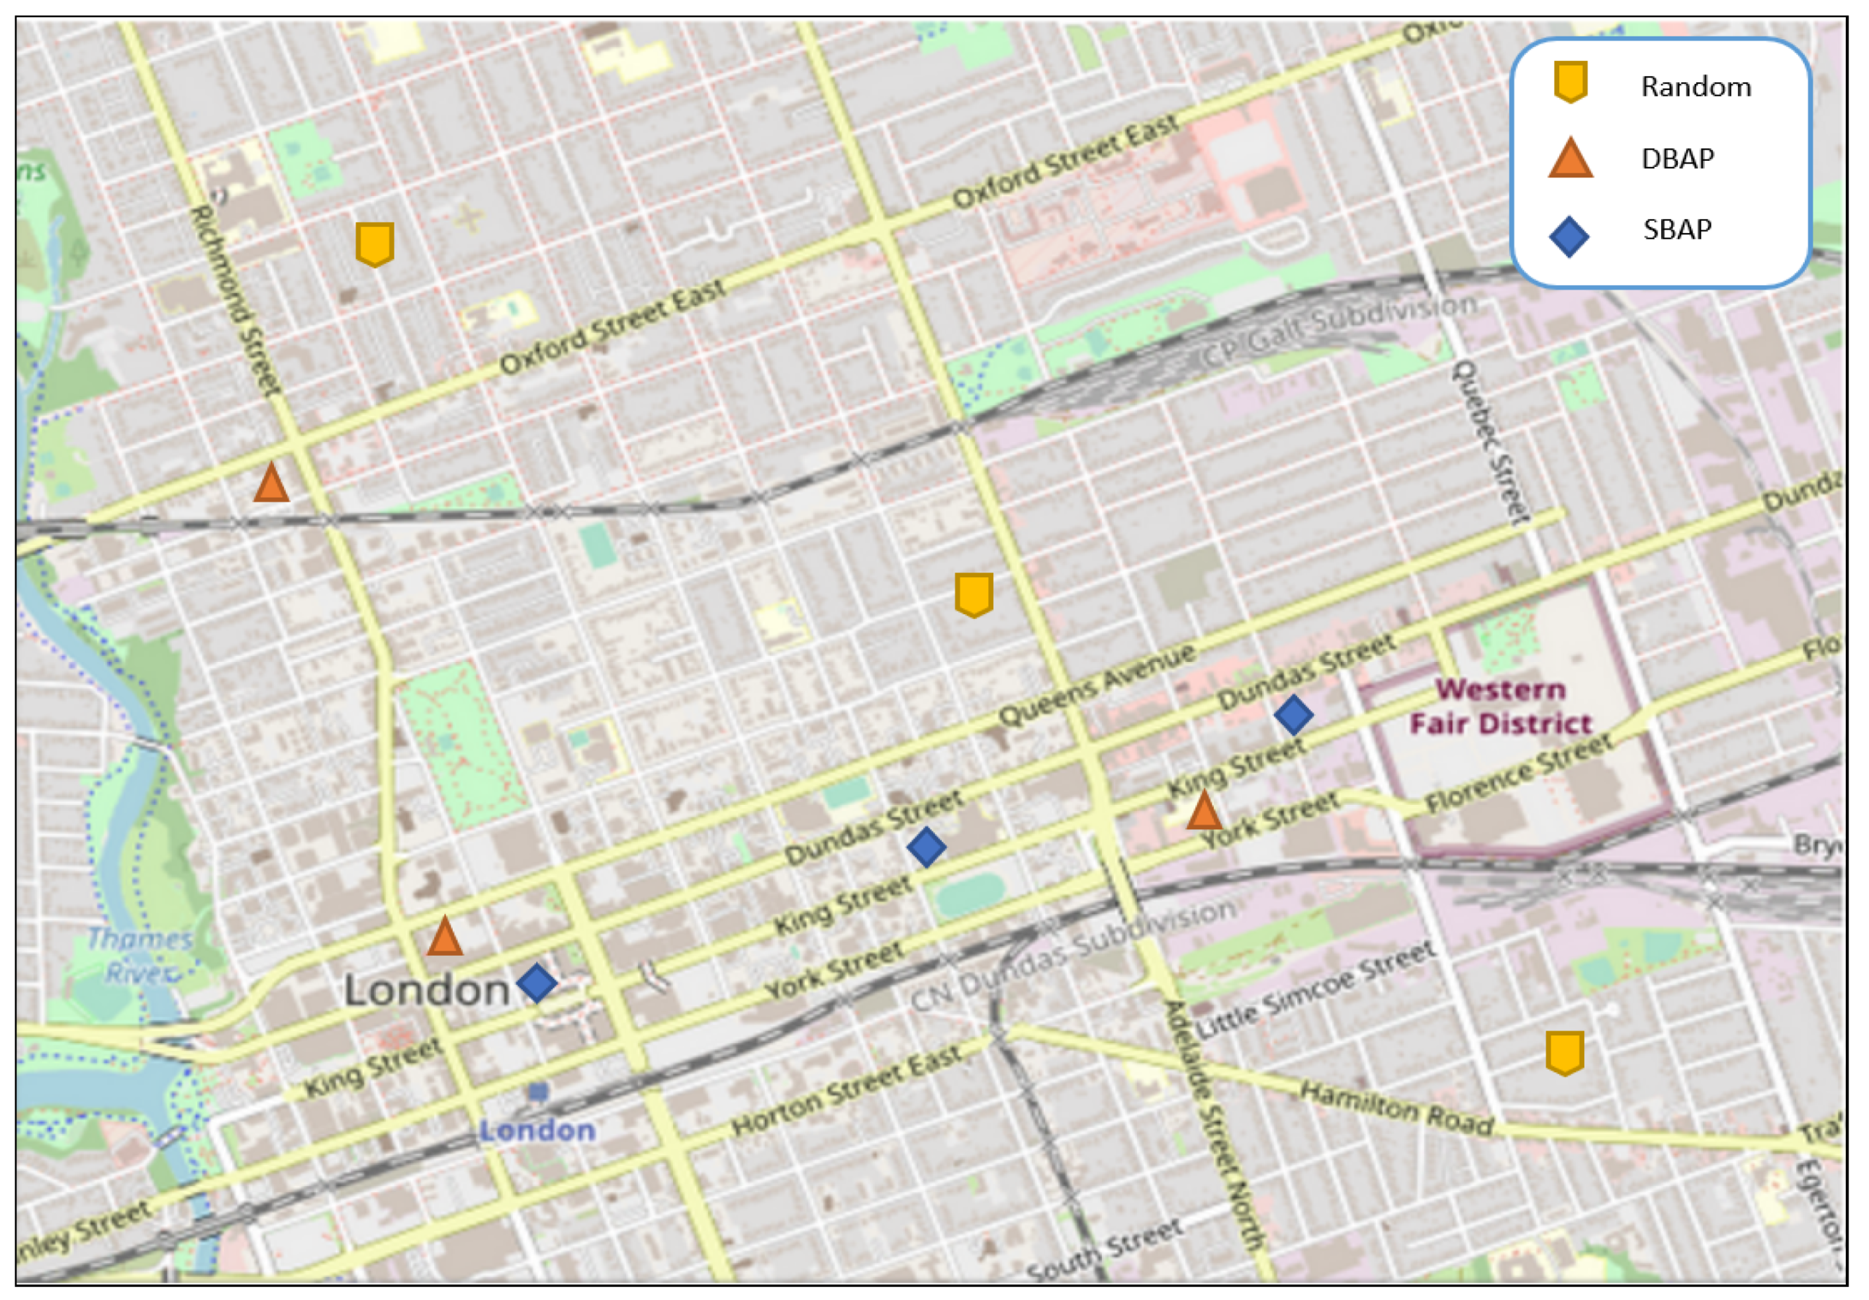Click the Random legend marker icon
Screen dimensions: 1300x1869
click(1571, 82)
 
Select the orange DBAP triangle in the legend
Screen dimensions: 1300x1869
click(1571, 158)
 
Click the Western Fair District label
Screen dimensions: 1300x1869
click(1500, 706)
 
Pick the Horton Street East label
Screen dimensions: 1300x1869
click(847, 1091)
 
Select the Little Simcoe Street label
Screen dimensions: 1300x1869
click(1314, 989)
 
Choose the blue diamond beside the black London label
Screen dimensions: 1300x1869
click(537, 982)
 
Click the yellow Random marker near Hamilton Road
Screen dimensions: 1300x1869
click(1565, 1052)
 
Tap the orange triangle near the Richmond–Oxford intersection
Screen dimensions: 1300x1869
click(271, 483)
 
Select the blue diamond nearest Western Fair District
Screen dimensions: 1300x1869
click(1293, 715)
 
